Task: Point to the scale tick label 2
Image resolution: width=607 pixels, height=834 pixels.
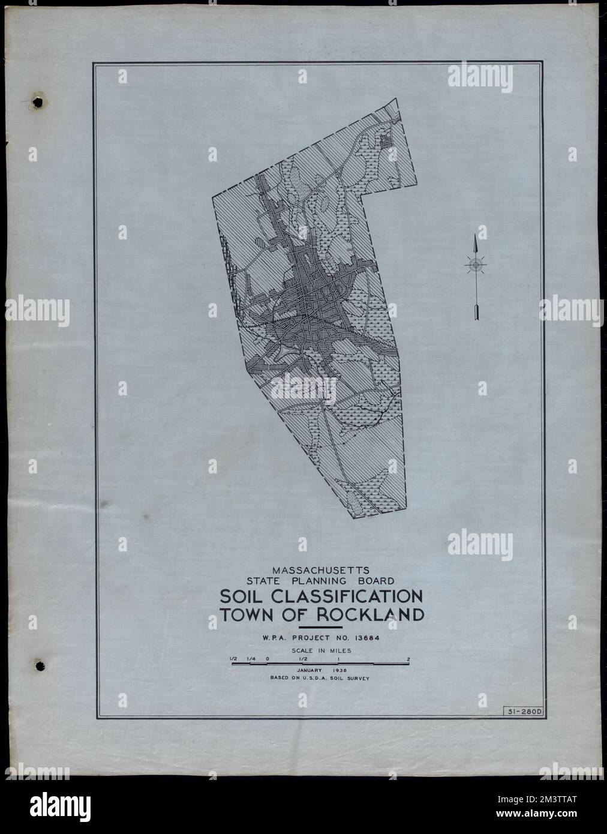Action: pyautogui.click(x=408, y=659)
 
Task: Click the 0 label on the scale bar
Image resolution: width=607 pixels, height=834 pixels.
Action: pyautogui.click(x=268, y=659)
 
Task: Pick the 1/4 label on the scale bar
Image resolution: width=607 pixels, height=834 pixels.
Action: pyautogui.click(x=250, y=659)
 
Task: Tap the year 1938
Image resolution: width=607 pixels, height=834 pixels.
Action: pyautogui.click(x=339, y=669)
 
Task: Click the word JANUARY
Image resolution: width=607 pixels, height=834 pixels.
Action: pyautogui.click(x=306, y=669)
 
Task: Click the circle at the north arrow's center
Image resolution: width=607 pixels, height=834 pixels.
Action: pyautogui.click(x=475, y=263)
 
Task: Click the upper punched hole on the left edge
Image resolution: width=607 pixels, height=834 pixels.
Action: pyautogui.click(x=38, y=103)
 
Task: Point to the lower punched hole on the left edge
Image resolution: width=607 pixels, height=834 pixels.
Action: pyautogui.click(x=40, y=665)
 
